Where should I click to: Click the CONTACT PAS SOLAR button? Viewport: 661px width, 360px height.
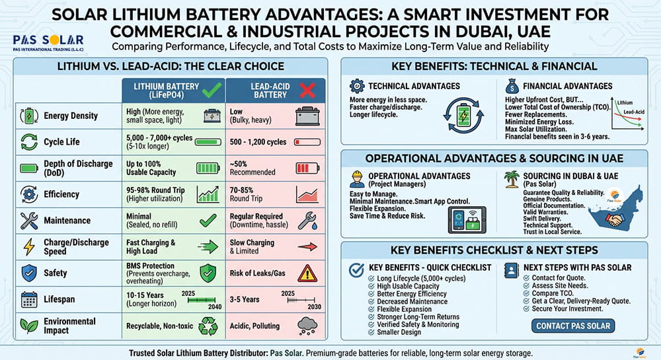click(574, 326)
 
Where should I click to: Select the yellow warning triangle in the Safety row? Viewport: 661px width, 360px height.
click(307, 273)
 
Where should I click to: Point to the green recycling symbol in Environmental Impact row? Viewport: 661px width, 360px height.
click(209, 325)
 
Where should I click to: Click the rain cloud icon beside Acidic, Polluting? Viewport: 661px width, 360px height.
click(307, 325)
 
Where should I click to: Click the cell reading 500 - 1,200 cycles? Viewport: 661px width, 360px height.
click(258, 142)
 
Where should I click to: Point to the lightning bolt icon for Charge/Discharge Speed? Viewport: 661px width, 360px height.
click(29, 247)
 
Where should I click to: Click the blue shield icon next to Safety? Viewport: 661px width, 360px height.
click(29, 273)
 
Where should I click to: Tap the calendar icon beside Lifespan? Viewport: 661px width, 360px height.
click(29, 299)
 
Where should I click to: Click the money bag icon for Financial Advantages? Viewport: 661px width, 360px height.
click(511, 86)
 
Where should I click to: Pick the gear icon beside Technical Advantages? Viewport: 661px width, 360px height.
click(356, 86)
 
